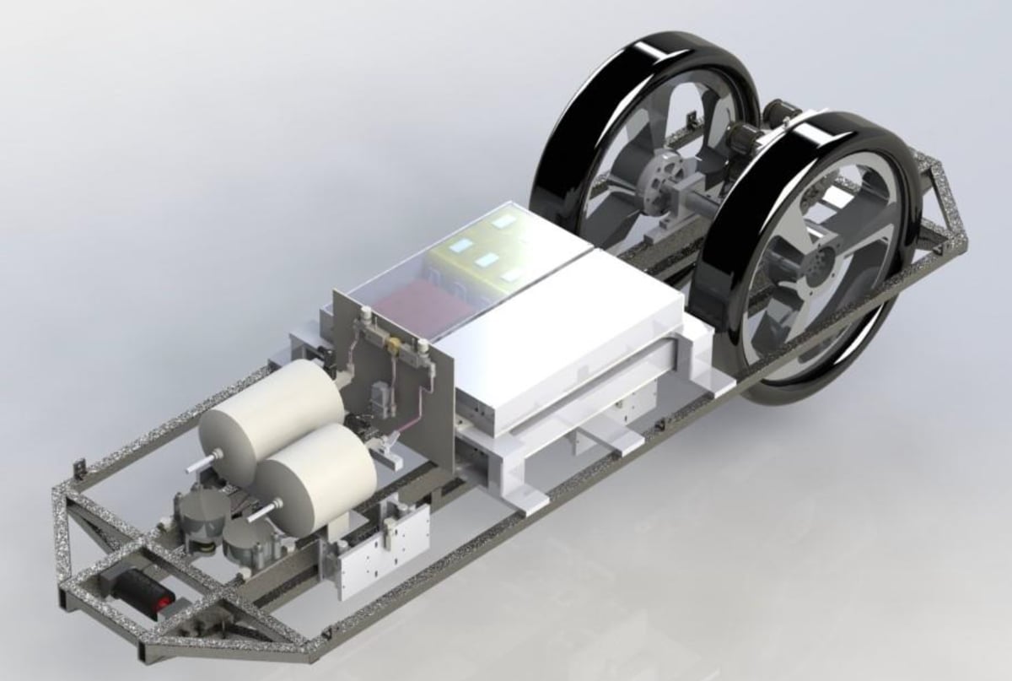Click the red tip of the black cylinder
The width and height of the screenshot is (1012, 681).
click(x=160, y=603)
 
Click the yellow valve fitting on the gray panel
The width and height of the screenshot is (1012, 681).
click(x=393, y=344)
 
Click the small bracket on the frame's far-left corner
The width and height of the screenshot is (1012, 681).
click(x=80, y=467)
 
